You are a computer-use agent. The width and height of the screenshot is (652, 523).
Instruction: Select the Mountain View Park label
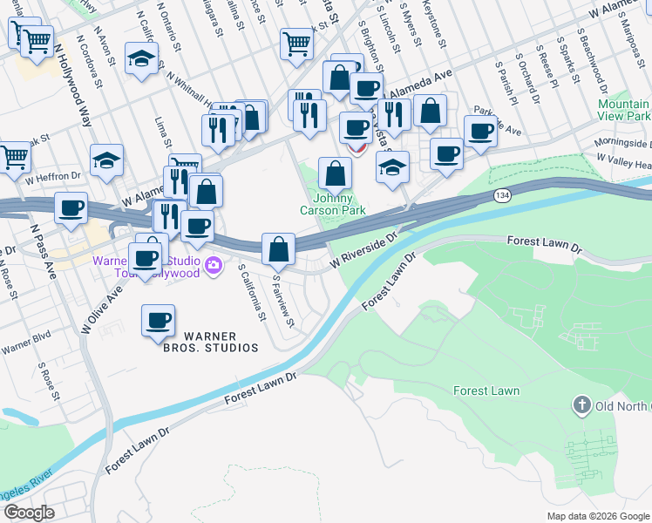(x=624, y=110)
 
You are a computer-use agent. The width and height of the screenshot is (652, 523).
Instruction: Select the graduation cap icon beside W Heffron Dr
(x=106, y=160)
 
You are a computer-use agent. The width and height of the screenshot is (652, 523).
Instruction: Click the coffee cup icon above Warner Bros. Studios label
(x=158, y=320)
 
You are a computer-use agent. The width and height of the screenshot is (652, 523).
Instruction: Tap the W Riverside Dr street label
(x=363, y=249)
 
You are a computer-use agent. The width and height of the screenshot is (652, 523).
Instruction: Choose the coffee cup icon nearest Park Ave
(x=479, y=131)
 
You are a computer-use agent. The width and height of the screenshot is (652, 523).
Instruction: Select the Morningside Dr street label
(x=624, y=143)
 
